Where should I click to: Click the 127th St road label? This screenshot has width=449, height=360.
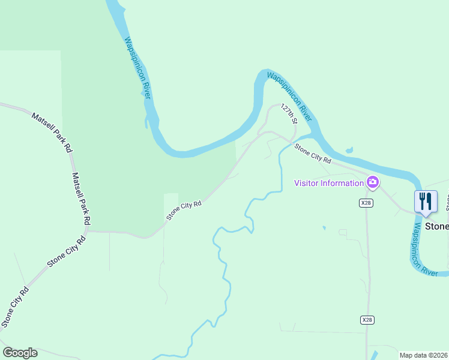(x=289, y=113)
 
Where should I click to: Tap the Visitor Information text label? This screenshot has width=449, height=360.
(x=330, y=183)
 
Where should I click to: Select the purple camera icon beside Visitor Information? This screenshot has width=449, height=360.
(x=373, y=182)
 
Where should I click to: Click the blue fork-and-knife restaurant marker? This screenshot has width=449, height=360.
(x=426, y=201)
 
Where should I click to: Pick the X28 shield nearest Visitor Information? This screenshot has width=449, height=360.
(x=367, y=203)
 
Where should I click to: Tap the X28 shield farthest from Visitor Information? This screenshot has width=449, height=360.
(x=367, y=320)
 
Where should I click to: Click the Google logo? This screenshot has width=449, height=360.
(x=20, y=353)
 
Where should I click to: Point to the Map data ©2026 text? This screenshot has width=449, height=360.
(x=424, y=355)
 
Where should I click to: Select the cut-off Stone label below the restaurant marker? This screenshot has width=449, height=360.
(x=437, y=227)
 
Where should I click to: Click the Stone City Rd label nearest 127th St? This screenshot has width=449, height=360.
(x=313, y=153)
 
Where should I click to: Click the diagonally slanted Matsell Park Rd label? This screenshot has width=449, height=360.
(x=52, y=130)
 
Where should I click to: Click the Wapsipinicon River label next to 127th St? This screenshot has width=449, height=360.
(x=290, y=94)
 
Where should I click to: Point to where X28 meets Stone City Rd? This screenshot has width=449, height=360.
(x=366, y=175)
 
